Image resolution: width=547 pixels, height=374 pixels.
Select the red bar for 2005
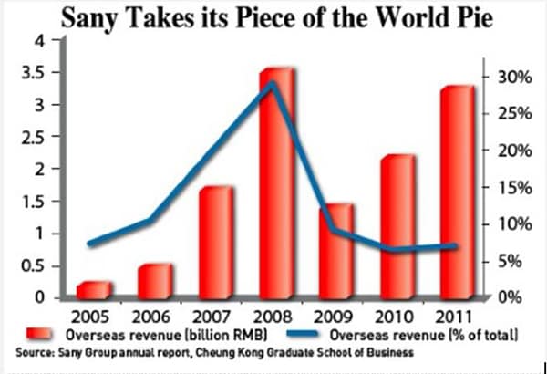(93, 289)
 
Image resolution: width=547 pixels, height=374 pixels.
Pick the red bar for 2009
(338, 251)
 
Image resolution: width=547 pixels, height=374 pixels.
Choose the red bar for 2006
(154, 281)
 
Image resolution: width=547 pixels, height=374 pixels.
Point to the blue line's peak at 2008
(272, 84)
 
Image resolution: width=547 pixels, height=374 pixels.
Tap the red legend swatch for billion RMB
(41, 334)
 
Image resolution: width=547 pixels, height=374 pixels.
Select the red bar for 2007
(215, 242)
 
